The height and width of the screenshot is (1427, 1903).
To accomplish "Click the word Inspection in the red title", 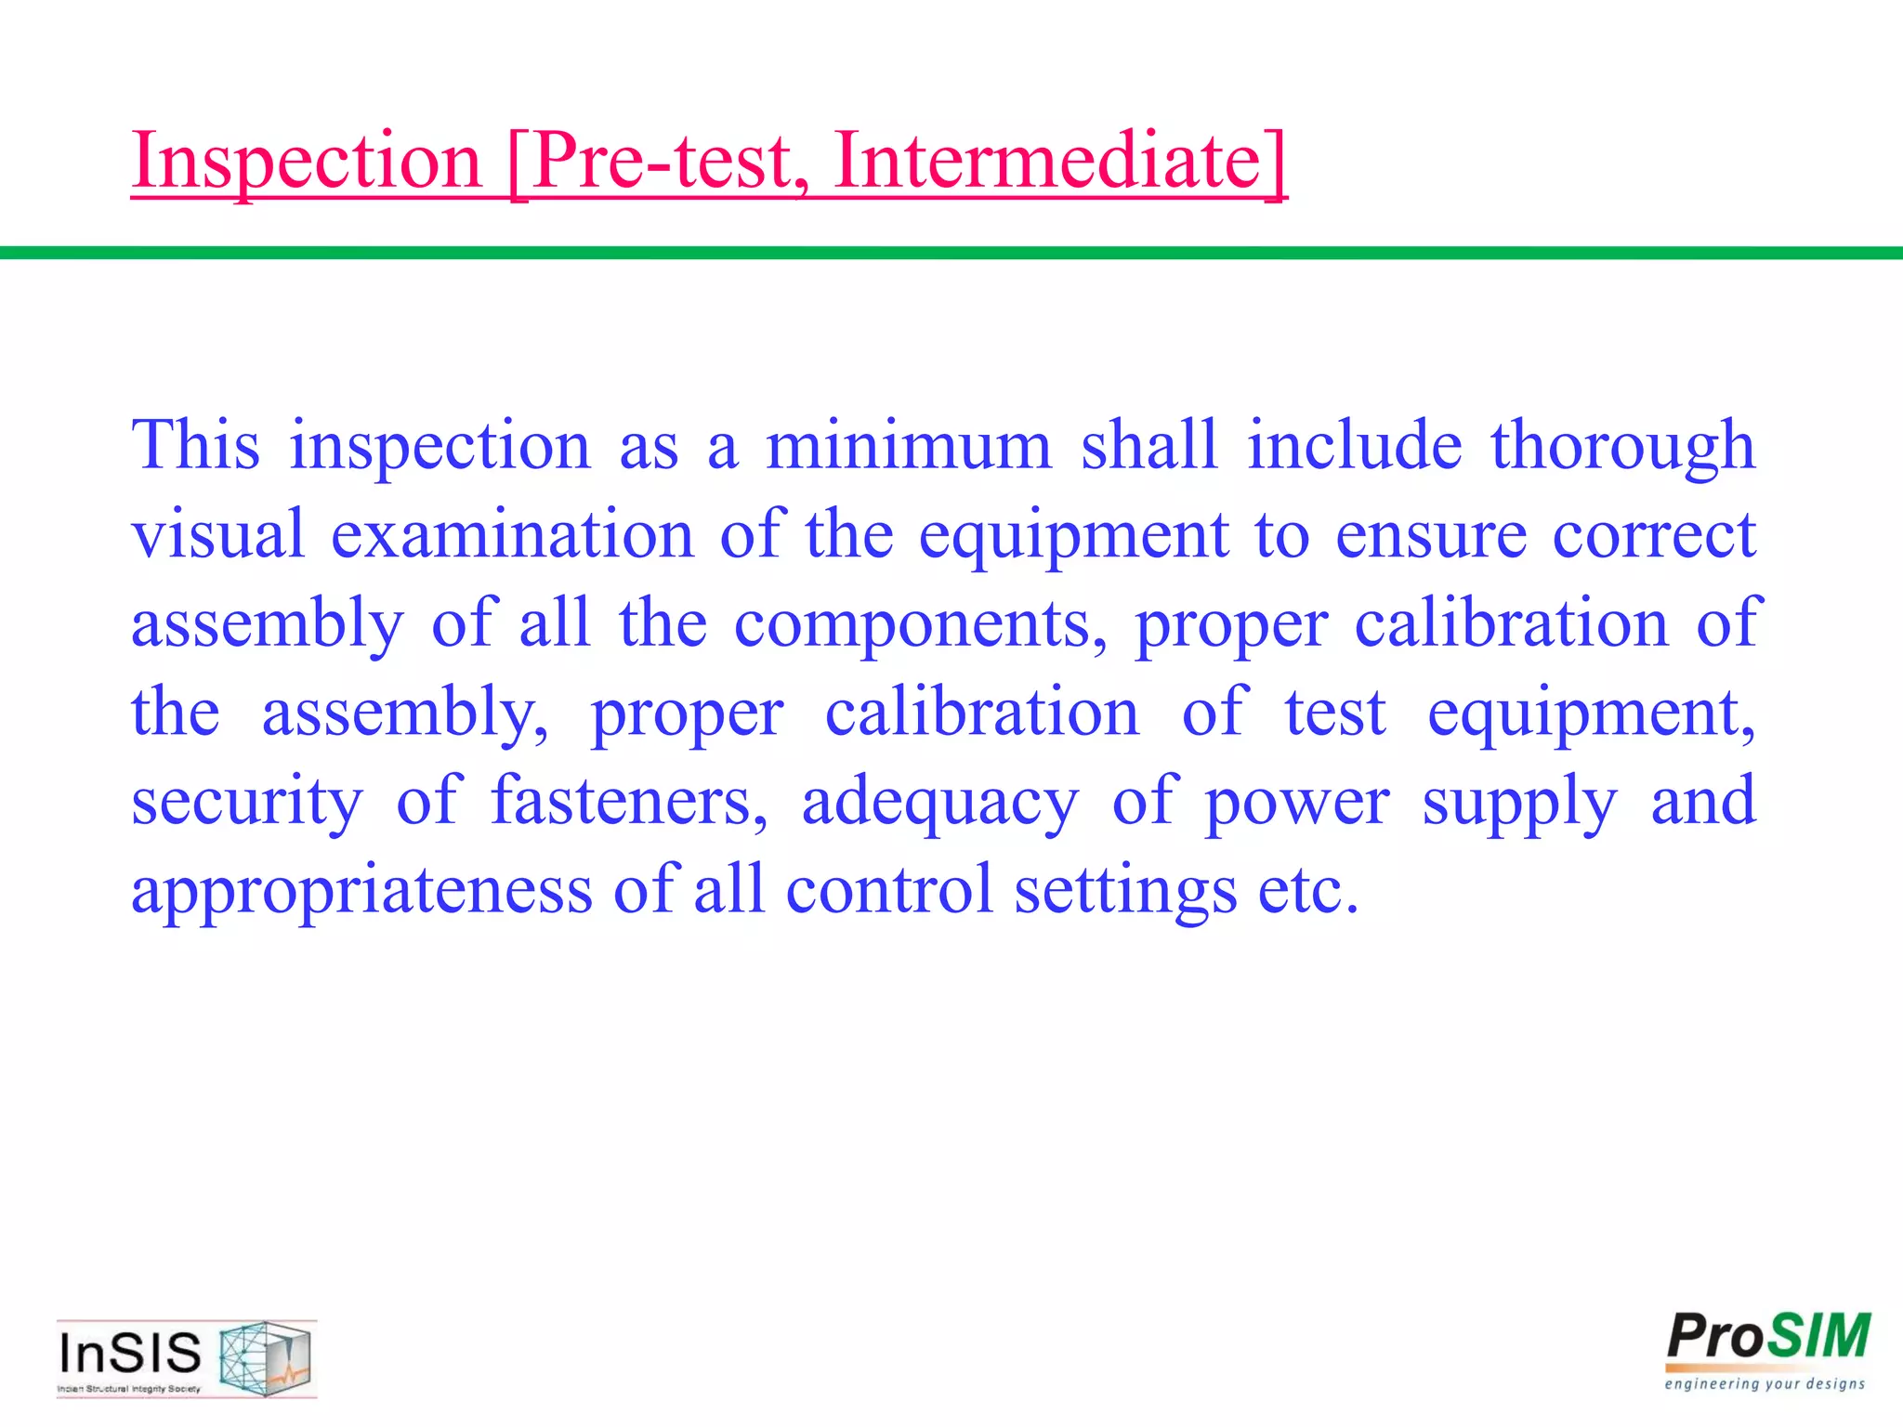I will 307,162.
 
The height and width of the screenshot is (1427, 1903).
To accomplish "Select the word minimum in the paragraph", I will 908,446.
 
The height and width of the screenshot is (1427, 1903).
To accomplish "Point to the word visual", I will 218,535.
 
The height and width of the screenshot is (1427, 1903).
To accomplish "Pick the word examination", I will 513,535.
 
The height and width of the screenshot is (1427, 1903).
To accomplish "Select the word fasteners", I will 629,801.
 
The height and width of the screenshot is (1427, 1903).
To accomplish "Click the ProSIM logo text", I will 1768,1338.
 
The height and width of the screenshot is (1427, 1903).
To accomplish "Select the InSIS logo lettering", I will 130,1353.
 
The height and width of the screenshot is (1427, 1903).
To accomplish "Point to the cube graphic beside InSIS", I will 265,1358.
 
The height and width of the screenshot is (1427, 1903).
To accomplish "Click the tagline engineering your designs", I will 1765,1384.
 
